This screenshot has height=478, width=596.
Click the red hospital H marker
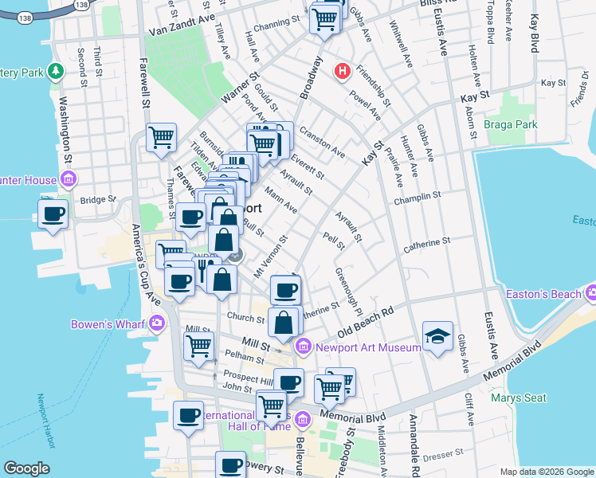point(343,72)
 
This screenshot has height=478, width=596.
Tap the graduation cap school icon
point(437,337)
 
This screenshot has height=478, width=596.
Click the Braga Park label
point(510,124)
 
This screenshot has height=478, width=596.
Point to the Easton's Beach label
point(543,294)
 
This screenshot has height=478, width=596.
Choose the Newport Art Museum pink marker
point(303,347)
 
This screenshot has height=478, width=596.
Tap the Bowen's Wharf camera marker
point(155,323)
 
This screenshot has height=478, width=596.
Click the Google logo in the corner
point(25,468)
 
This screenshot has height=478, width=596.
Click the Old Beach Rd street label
point(366,321)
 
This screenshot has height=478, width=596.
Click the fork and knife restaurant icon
point(203,268)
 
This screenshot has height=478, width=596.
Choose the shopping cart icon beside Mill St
point(198,346)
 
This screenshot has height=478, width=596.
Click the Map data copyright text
point(546,472)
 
